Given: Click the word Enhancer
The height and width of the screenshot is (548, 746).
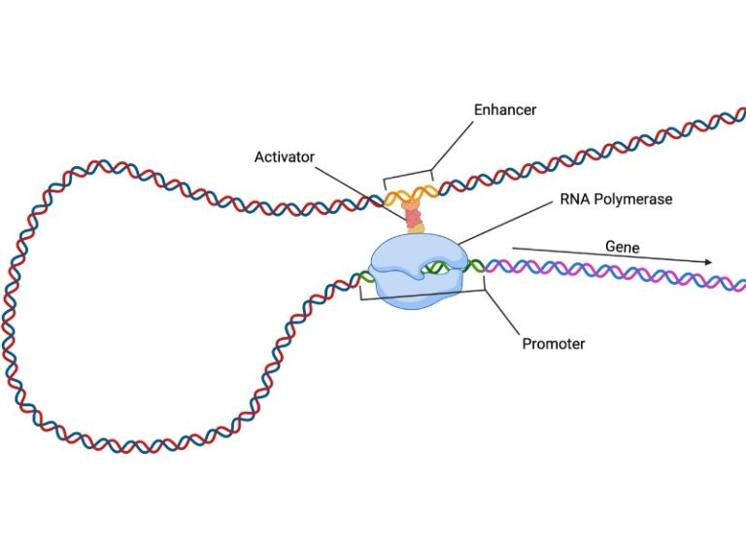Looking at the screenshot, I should [504, 110].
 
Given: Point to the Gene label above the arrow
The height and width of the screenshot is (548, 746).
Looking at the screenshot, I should [622, 247].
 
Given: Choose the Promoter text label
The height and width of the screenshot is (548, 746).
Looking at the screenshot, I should [553, 344].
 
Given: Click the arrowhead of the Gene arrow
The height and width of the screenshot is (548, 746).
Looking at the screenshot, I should [708, 262].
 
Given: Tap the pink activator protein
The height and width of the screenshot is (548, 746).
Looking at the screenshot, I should [414, 213].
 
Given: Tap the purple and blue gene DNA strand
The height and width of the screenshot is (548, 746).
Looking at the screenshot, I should [602, 273].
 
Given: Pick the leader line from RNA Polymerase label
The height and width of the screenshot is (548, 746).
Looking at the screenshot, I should [505, 223].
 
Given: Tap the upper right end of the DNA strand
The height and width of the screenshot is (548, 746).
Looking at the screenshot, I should [738, 114].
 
